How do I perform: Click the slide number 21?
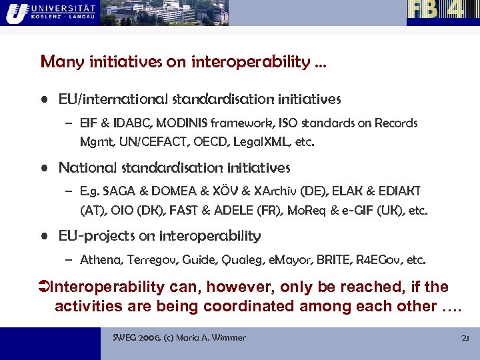(465, 338)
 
